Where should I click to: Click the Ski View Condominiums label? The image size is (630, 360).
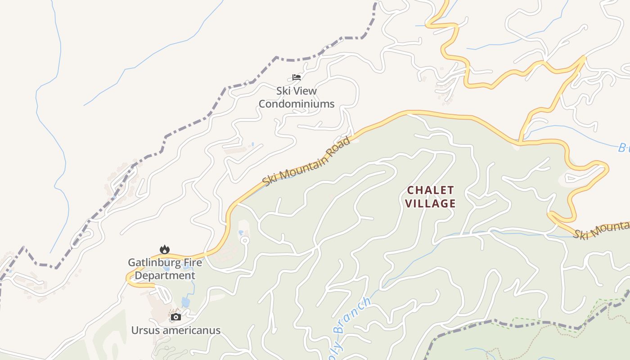(297, 97)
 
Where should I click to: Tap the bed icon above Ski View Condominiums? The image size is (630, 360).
(297, 77)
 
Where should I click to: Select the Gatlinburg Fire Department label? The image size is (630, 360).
(165, 269)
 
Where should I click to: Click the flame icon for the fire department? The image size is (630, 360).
(165, 249)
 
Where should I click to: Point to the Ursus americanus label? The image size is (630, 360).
(176, 330)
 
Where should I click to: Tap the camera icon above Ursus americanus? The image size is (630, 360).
(176, 317)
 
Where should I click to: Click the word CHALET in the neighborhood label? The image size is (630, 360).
(431, 190)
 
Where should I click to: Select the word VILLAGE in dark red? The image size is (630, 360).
(431, 203)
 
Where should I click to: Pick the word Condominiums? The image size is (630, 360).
(297, 104)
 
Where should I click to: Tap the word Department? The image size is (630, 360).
(165, 275)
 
